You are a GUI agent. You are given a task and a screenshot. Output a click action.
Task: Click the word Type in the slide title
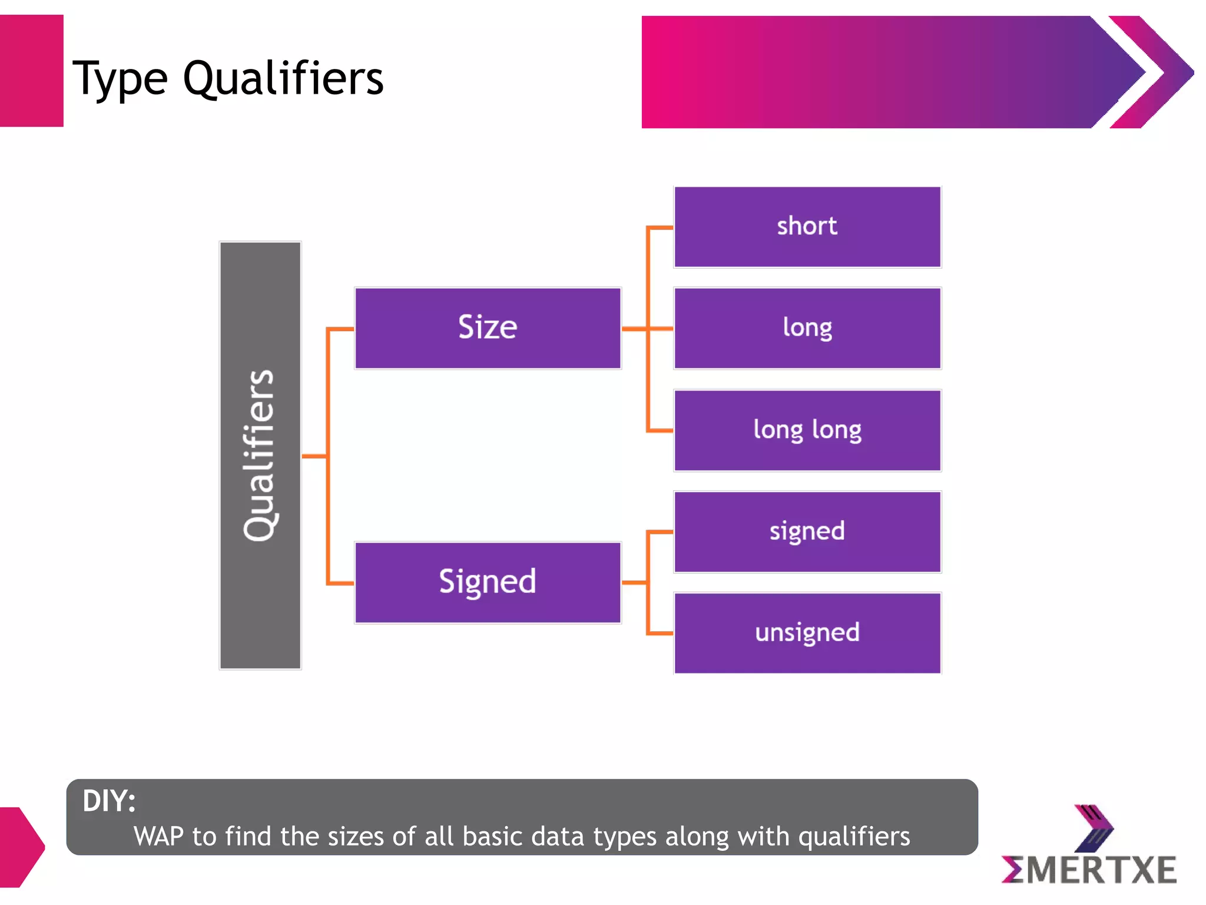[120, 80]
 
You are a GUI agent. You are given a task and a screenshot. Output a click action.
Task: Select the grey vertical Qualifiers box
[260, 455]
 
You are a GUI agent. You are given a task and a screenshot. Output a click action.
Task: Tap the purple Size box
[488, 328]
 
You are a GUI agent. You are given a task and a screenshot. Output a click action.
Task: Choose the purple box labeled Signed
[488, 582]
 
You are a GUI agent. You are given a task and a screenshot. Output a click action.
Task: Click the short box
[807, 227]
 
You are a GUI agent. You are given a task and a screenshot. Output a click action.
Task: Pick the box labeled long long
[807, 430]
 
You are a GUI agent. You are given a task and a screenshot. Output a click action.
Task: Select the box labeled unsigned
[807, 633]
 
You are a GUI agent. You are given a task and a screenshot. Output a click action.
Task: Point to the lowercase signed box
[807, 531]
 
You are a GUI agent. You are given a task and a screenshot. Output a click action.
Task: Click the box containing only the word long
[807, 328]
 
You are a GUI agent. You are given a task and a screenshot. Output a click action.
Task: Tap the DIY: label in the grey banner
[109, 801]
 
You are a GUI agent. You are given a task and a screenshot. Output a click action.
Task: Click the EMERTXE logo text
[1089, 870]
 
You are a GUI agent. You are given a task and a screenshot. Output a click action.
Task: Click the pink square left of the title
[31, 71]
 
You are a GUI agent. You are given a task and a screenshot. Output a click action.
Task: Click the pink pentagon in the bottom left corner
[21, 847]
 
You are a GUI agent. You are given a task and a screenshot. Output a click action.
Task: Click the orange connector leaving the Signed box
[634, 582]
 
